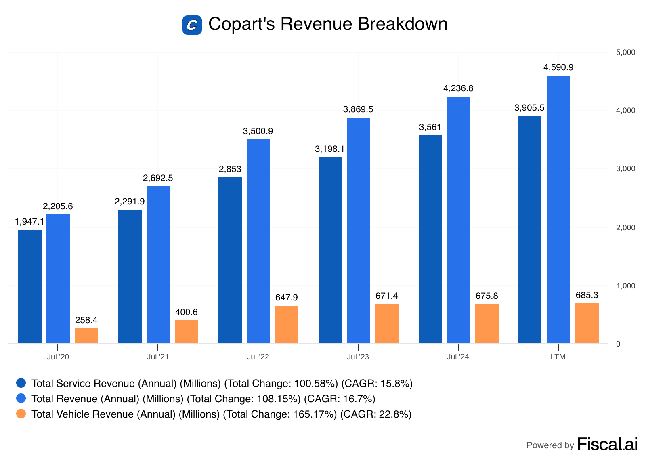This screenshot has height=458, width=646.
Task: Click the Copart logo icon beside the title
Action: click(192, 25)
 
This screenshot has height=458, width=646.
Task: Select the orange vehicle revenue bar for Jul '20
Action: click(86, 336)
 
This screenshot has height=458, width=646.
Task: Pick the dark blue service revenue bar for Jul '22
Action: click(230, 260)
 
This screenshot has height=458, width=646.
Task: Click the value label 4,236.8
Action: click(458, 88)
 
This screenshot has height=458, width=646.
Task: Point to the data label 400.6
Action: click(187, 312)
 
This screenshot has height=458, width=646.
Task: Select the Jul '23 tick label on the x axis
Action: click(358, 357)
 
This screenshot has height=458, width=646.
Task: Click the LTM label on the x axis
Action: click(558, 357)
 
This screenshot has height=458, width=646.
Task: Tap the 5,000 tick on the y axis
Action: click(625, 53)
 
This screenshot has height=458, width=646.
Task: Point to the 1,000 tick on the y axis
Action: click(625, 286)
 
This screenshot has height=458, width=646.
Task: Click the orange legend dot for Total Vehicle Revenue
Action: click(21, 414)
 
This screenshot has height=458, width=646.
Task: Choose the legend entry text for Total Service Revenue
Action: click(222, 383)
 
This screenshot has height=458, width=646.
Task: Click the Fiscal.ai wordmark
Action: click(607, 444)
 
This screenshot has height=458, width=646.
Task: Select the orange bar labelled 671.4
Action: click(387, 324)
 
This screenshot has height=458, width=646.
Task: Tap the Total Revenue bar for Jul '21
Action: click(158, 265)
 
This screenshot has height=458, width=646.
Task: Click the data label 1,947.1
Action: click(29, 222)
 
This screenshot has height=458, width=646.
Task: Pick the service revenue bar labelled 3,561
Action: click(430, 239)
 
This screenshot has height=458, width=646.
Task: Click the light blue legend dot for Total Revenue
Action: click(21, 398)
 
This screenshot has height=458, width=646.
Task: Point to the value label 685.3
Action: click(587, 295)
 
